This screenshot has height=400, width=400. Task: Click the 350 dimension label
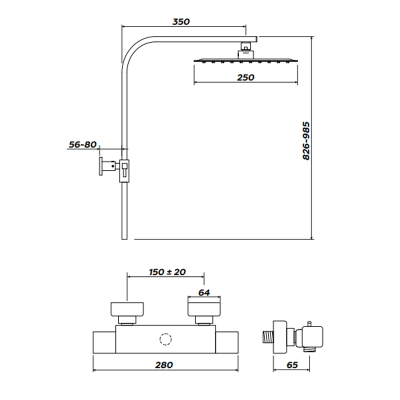(x=181, y=21)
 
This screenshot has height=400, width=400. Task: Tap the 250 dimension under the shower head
(x=245, y=77)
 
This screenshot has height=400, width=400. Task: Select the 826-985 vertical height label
(x=306, y=140)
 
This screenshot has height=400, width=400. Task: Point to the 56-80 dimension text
(x=82, y=145)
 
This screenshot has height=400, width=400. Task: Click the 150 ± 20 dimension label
(x=167, y=272)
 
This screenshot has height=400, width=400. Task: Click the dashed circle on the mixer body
(x=164, y=340)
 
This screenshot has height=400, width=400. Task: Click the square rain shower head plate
(x=245, y=60)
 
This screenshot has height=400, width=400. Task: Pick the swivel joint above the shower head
(x=245, y=49)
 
